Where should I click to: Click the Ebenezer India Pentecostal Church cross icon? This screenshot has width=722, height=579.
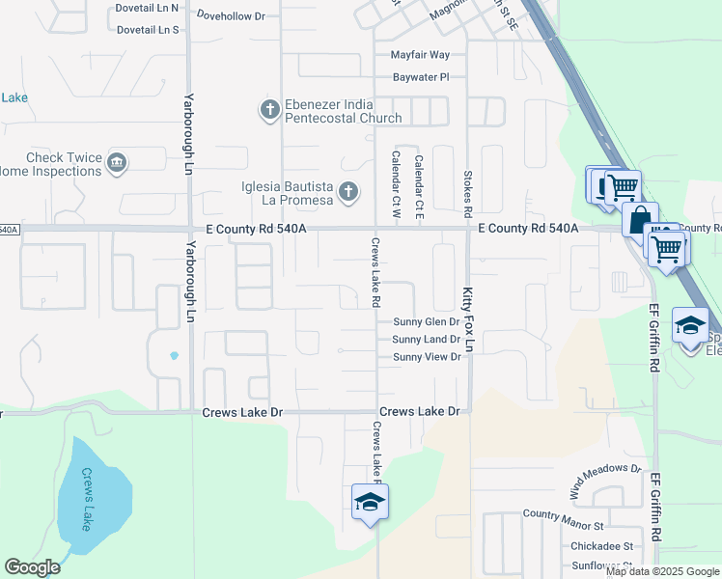pyautogui.click(x=269, y=111)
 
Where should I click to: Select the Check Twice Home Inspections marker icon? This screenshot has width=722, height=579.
pyautogui.click(x=117, y=163)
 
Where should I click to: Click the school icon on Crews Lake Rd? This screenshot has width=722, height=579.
pyautogui.click(x=369, y=503)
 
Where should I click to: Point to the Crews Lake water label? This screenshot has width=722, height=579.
pyautogui.click(x=87, y=499)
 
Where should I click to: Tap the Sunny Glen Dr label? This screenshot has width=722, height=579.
pyautogui.click(x=427, y=322)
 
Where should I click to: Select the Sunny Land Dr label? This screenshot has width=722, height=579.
pyautogui.click(x=427, y=340)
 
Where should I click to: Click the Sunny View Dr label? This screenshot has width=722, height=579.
pyautogui.click(x=427, y=357)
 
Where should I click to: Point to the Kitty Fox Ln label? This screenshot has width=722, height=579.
pyautogui.click(x=469, y=318)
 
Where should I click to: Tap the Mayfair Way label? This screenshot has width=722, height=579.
pyautogui.click(x=420, y=55)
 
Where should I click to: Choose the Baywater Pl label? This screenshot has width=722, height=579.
pyautogui.click(x=421, y=76)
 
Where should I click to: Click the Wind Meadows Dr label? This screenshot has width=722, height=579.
pyautogui.click(x=604, y=480)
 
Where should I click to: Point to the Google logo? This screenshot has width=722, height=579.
pyautogui.click(x=33, y=567)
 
